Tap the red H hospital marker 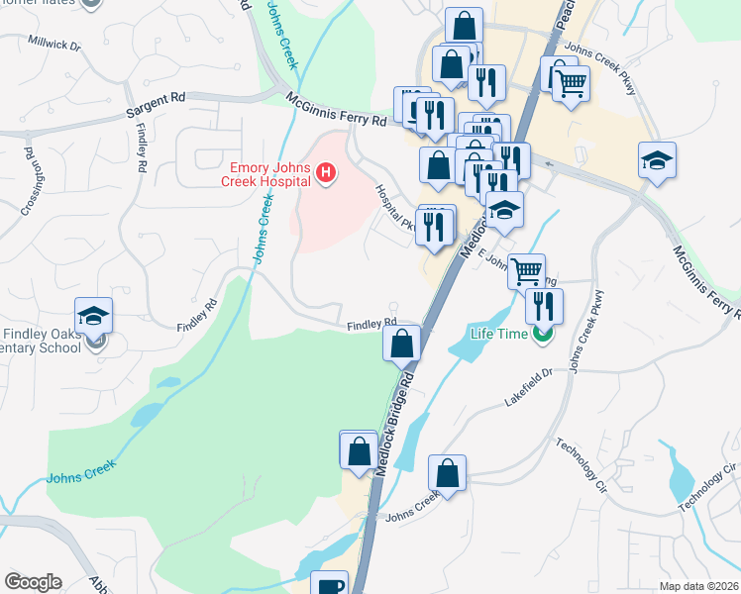tap(326, 175)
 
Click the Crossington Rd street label tap(26, 182)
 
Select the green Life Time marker tap(542, 335)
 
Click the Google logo tap(33, 582)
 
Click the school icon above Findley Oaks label tap(94, 316)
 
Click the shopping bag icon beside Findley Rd tap(402, 344)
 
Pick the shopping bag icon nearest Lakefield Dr tap(448, 472)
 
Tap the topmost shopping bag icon tap(464, 25)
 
